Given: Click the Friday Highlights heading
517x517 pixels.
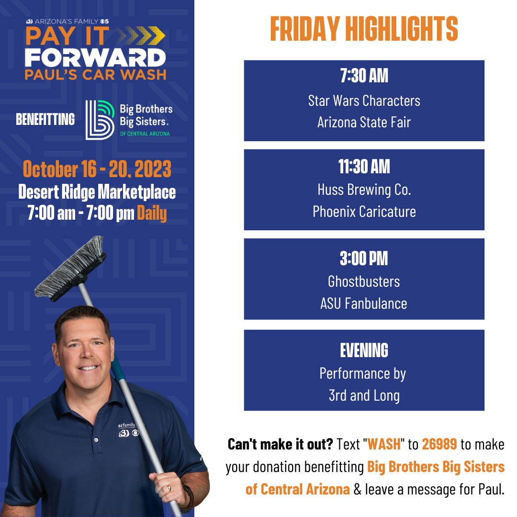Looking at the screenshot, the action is coord(364,29).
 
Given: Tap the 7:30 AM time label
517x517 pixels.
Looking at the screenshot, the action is coord(364,76).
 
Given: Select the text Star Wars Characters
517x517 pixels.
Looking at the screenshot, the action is coord(364,101).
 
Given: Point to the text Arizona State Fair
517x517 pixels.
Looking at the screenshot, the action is coord(364,123).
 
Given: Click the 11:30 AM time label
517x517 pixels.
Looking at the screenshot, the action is coord(364,166).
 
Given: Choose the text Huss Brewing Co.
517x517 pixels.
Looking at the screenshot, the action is coord(364,190).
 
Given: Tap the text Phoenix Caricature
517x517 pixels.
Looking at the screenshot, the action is coord(364,212).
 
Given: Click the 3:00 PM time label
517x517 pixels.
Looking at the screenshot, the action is coord(364,258).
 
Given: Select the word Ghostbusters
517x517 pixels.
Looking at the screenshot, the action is coord(364,281).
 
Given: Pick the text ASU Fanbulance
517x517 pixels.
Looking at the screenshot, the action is coord(364,303).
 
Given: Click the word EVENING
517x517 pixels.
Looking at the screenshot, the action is coord(364,350).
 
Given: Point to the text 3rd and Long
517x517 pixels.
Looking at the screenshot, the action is coord(364,396).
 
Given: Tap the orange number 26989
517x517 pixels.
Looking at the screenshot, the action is coord(439,444).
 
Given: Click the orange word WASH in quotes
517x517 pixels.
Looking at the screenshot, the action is coord(384,444).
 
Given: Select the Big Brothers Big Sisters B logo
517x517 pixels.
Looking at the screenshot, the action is coord(100,120).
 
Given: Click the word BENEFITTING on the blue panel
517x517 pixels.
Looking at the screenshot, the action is coord(45,119).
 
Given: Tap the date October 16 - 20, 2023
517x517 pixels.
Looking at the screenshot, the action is coord(97,169).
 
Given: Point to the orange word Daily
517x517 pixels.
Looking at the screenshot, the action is coord(152,213).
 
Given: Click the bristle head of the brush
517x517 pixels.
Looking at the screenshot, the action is coord(70,268).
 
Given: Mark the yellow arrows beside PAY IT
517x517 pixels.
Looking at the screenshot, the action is coord(141,35).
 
